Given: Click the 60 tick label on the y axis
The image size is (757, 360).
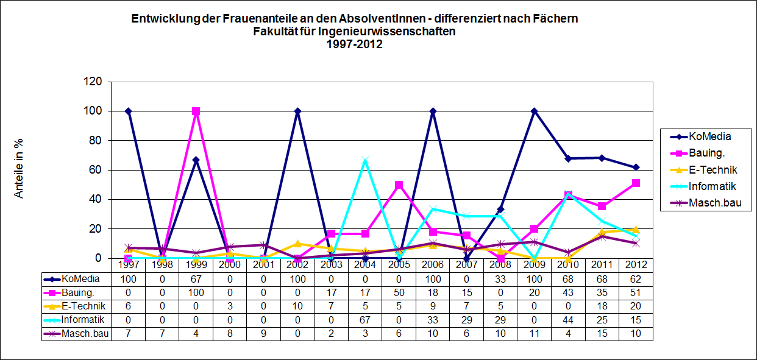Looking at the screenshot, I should [x=99, y=170].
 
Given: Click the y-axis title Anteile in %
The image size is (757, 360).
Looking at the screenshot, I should [x=19, y=170].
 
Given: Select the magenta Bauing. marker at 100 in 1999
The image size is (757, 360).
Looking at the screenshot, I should [x=196, y=111].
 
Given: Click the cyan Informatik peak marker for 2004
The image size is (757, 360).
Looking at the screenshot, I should [x=364, y=161].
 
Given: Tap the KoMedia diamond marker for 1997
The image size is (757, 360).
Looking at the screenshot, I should [x=128, y=111].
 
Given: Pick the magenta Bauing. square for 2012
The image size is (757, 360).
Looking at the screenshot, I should [x=636, y=183].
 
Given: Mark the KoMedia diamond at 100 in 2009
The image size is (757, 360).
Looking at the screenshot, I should [x=534, y=111].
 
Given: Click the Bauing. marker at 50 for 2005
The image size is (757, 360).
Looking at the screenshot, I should [x=399, y=185].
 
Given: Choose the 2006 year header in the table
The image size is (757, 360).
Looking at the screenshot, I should [x=433, y=265].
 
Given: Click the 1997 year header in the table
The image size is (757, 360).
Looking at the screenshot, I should [x=128, y=265].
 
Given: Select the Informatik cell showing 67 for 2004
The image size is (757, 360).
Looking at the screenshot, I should [x=364, y=320].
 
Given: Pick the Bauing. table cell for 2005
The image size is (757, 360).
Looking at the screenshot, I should [x=399, y=292].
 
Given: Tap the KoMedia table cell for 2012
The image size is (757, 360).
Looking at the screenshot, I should [x=636, y=279].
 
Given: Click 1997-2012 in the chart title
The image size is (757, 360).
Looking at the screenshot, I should [x=354, y=44].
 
